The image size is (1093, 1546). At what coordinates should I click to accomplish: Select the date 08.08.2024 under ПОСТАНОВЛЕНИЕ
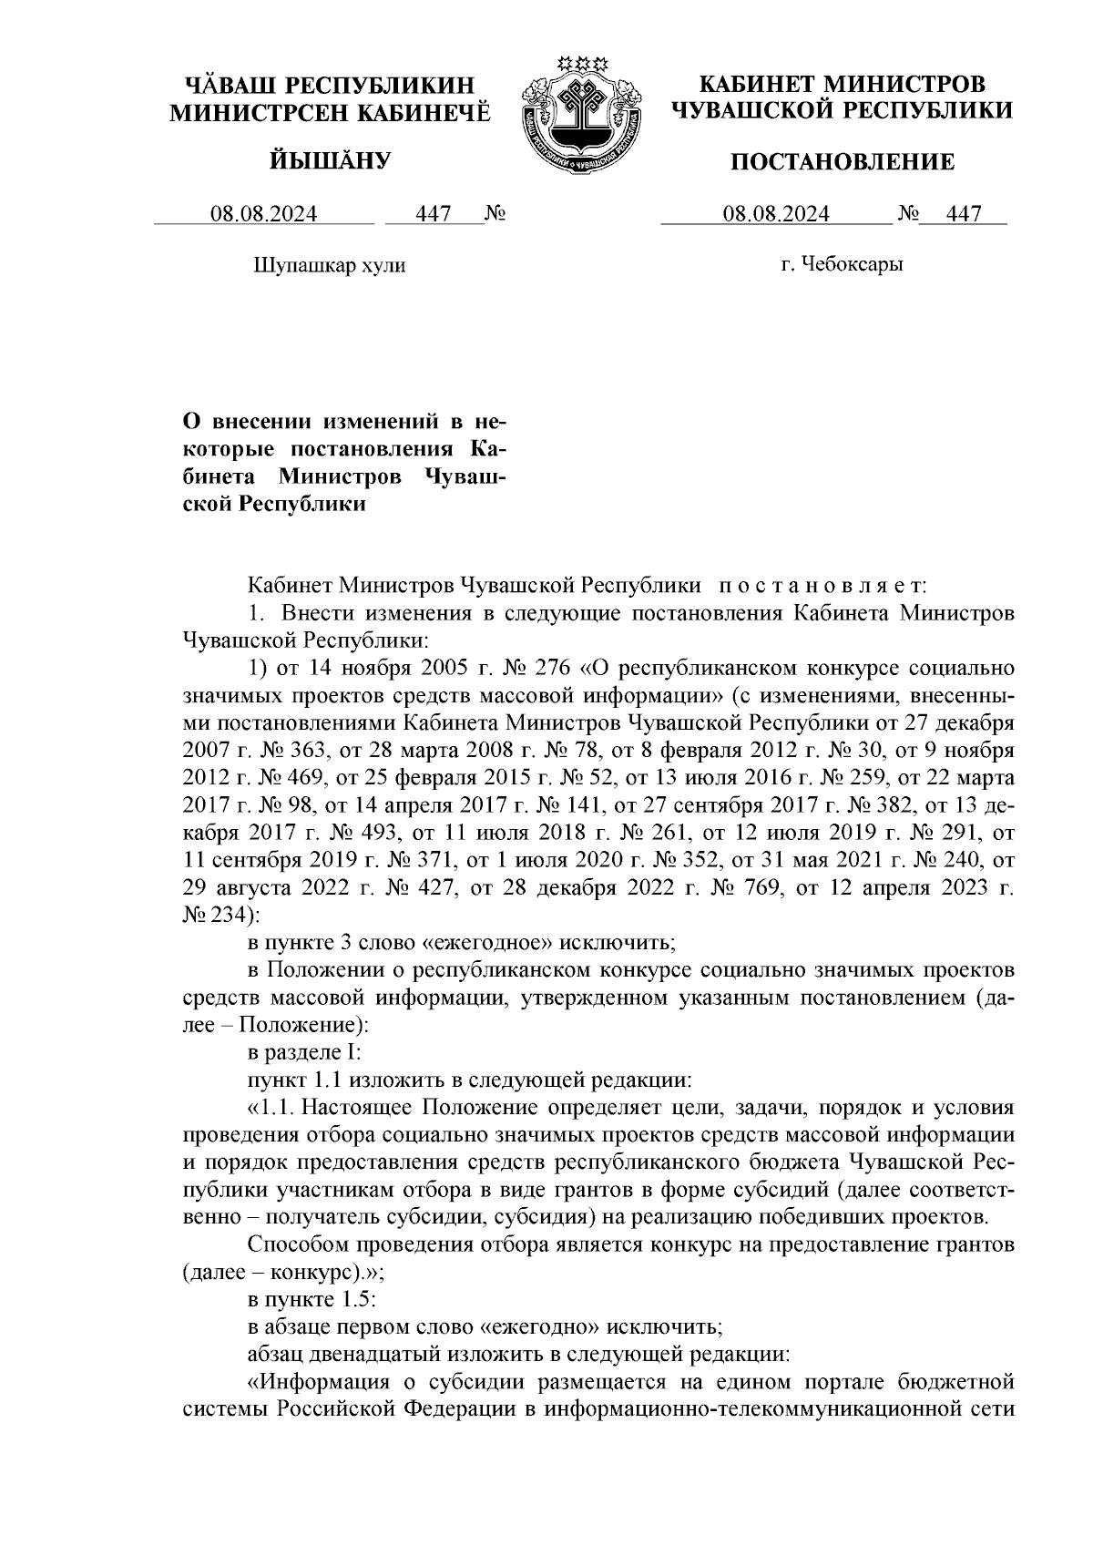click(x=776, y=214)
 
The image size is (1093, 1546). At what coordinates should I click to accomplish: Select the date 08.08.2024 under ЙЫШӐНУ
click(x=264, y=214)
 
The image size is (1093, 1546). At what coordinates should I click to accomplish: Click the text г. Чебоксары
click(x=843, y=265)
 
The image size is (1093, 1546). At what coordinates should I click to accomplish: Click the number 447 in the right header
click(x=964, y=214)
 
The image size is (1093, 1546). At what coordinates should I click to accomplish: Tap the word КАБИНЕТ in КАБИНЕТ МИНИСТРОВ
click(x=756, y=85)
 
